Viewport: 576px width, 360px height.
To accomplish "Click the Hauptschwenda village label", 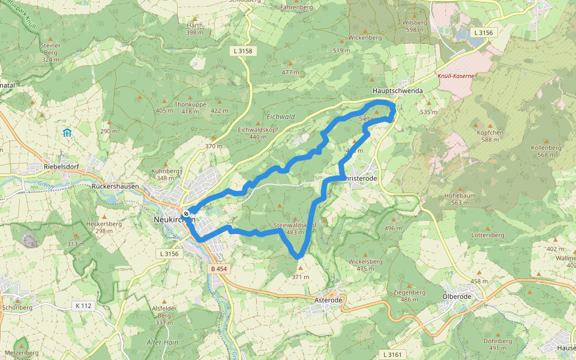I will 397,91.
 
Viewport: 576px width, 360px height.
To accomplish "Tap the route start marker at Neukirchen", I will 187,213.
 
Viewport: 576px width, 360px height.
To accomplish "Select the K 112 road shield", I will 83,306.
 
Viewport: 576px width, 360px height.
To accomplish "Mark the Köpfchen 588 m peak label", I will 489,136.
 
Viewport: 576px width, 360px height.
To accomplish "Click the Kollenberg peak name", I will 546,148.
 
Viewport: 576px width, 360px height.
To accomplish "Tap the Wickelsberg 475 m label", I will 365,265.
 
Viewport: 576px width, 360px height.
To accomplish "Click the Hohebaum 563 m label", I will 460,199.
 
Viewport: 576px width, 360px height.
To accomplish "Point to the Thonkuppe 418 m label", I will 190,107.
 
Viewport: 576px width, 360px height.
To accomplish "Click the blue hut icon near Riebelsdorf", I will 67,132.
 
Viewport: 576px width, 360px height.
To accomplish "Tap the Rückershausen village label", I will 115,187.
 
